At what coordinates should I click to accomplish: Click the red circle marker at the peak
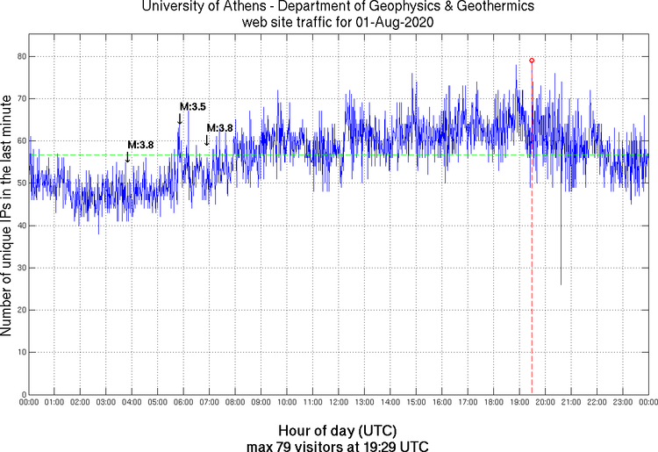[532, 61]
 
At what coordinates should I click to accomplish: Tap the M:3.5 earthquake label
[192, 107]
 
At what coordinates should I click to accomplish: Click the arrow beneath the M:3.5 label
[180, 118]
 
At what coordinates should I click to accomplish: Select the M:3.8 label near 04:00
[141, 145]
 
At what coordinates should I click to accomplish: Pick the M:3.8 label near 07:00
[219, 128]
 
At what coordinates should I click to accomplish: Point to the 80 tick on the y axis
[20, 56]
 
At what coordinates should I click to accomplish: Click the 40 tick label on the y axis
[20, 226]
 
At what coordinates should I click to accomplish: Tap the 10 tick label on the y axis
[20, 352]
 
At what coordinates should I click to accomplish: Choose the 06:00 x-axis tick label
[183, 402]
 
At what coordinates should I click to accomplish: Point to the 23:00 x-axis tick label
[623, 402]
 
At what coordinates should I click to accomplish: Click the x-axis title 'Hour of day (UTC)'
[338, 431]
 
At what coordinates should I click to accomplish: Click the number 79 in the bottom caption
[300, 446]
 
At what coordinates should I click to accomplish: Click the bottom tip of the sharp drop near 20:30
[561, 283]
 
